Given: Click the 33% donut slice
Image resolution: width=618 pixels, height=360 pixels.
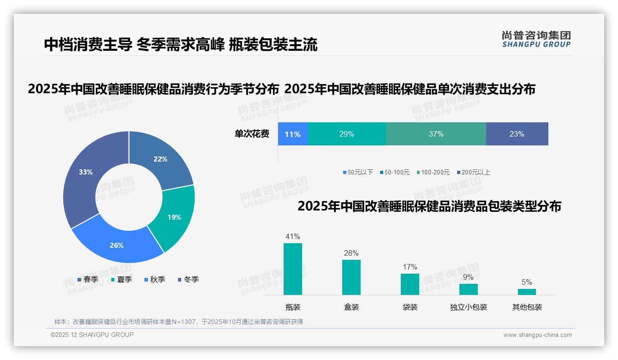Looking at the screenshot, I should click(x=83, y=175).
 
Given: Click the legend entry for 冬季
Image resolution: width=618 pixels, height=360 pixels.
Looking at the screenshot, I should click(x=188, y=280).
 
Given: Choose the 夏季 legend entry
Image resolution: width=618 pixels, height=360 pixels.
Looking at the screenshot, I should click(x=121, y=280).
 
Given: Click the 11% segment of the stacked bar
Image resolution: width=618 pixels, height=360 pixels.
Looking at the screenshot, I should click(x=292, y=134).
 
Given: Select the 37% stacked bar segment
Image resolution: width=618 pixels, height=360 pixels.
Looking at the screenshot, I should click(x=436, y=134).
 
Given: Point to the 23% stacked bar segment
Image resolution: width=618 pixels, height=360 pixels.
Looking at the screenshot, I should click(x=517, y=134).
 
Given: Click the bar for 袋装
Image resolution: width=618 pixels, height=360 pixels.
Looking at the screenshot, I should click(x=410, y=284).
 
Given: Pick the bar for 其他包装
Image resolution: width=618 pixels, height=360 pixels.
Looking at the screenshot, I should click(x=527, y=292).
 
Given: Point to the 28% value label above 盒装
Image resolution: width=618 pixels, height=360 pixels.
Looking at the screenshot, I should click(x=351, y=253).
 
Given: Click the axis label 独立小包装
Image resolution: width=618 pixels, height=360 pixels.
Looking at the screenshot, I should click(x=469, y=307).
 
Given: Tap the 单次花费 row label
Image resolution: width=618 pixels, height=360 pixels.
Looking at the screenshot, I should click(x=252, y=134).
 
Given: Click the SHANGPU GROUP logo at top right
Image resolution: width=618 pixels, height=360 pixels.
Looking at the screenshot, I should click(x=536, y=39).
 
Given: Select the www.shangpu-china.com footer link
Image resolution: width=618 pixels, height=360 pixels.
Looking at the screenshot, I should click(x=537, y=335).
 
